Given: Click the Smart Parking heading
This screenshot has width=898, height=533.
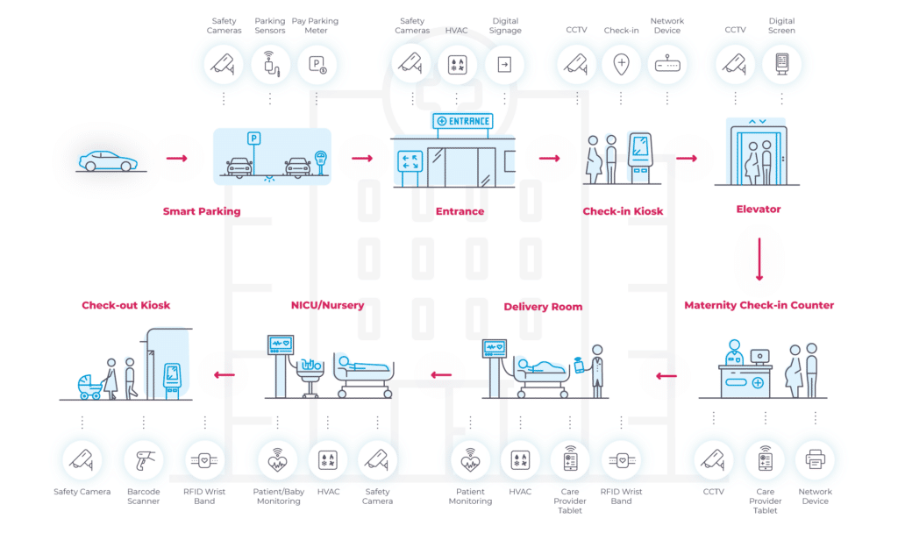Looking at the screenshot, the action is pos(202,211).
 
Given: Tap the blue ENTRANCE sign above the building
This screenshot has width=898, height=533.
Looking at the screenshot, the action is pos(463,121).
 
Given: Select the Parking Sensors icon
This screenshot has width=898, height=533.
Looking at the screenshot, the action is pos(270,63).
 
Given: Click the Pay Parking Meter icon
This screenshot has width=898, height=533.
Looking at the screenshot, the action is pos(317,64).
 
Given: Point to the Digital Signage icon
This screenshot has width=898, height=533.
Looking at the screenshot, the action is pos(504,64).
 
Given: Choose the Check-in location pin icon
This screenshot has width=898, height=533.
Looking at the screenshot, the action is pos(622,63).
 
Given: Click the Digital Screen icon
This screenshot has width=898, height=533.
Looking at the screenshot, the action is pos(781,63).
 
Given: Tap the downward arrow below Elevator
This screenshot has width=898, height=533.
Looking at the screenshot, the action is pos(759,259).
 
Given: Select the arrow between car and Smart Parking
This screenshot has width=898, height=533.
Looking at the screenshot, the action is pos(177,158).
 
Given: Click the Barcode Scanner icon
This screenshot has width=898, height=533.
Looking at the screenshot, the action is pos(143,460).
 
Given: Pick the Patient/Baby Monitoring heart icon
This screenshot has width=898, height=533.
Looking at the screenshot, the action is pos(278,459).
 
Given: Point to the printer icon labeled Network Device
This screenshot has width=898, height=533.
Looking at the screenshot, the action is pos(815,459).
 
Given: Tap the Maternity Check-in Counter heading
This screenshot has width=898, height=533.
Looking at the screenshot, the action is pos(759,305).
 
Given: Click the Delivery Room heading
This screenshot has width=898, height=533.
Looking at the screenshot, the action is pos(543,307).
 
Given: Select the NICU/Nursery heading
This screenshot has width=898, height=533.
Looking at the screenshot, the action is pos(328,305).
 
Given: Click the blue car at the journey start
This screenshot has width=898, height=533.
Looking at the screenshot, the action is pos(108,161).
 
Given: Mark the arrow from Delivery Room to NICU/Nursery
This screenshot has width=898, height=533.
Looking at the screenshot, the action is pos(441,375).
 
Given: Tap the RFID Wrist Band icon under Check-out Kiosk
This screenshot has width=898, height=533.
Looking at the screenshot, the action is pos(204,459).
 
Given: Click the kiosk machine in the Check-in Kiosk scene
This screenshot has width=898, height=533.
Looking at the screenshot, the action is pos(640,158).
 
